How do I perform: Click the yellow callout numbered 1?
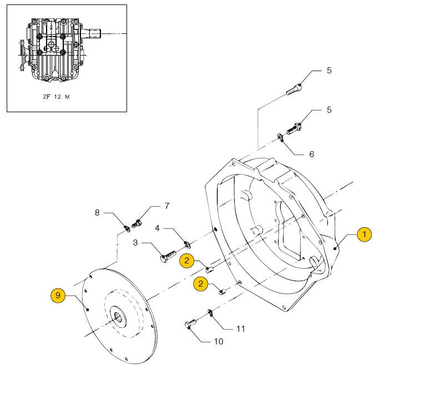click(364, 234)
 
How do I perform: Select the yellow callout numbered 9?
click(58, 296)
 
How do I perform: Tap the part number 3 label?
click(135, 243)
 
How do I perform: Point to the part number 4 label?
click(157, 228)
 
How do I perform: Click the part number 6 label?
click(311, 154)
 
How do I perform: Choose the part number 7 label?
click(166, 206)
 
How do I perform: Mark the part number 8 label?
click(97, 212)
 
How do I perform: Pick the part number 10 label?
click(219, 341)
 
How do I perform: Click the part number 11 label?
click(240, 329)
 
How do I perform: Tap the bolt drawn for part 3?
click(168, 257)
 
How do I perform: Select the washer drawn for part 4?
click(186, 243)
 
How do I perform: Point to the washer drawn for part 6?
click(281, 137)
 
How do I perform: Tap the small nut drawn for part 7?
click(137, 224)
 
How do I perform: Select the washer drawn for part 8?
click(127, 226)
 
